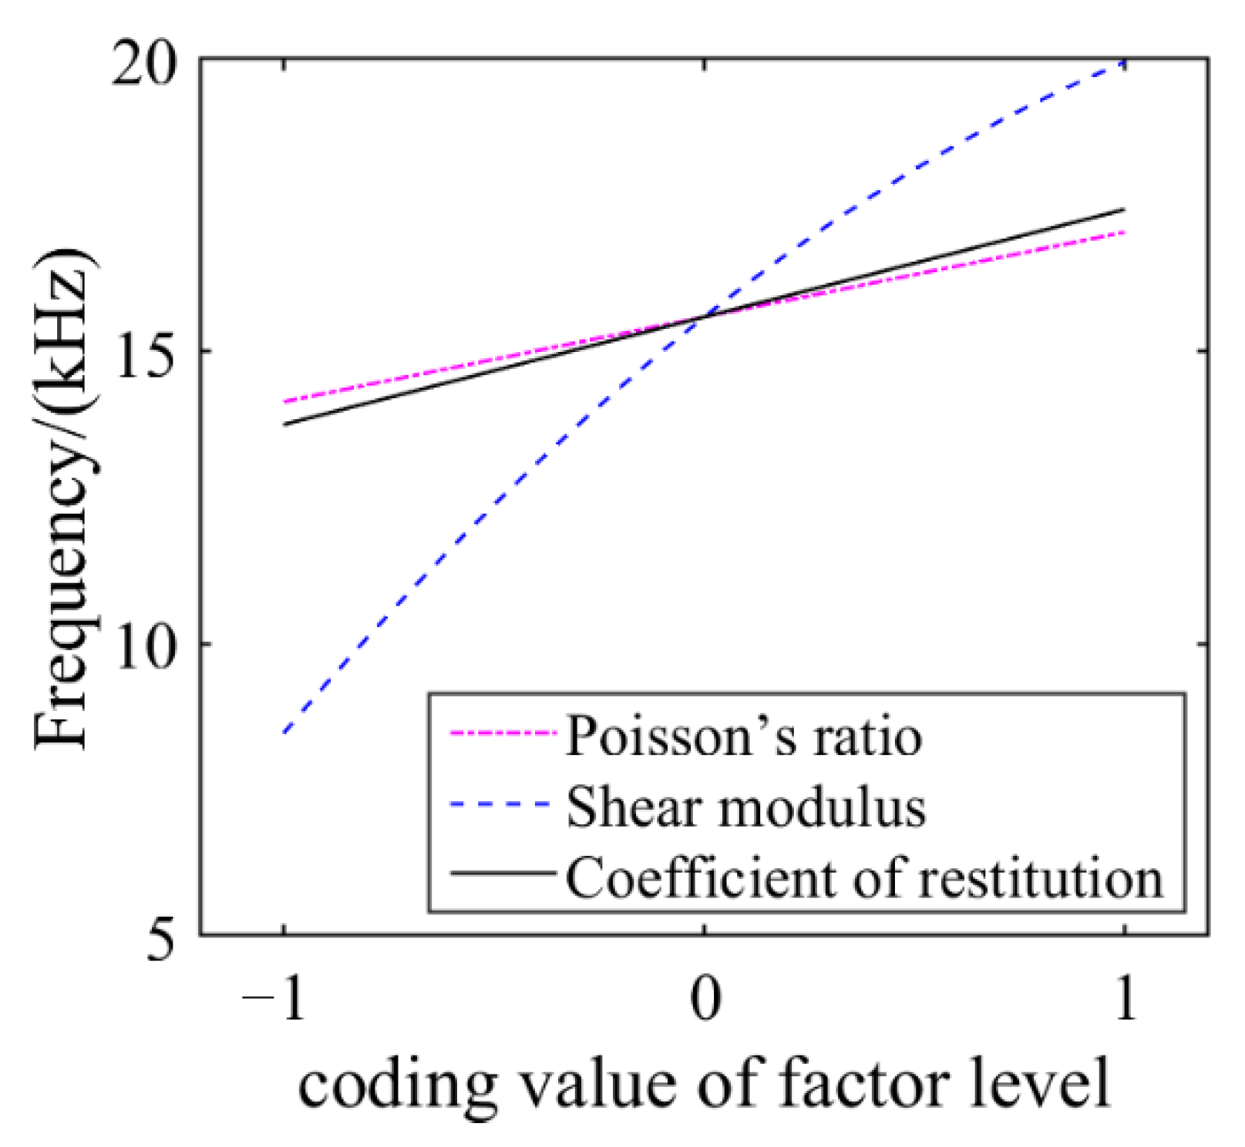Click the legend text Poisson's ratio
(743, 736)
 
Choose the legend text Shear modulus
(745, 807)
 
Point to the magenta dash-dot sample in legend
(502, 734)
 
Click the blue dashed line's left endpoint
(285, 732)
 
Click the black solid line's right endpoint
(1125, 209)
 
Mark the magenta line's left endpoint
(285, 401)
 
